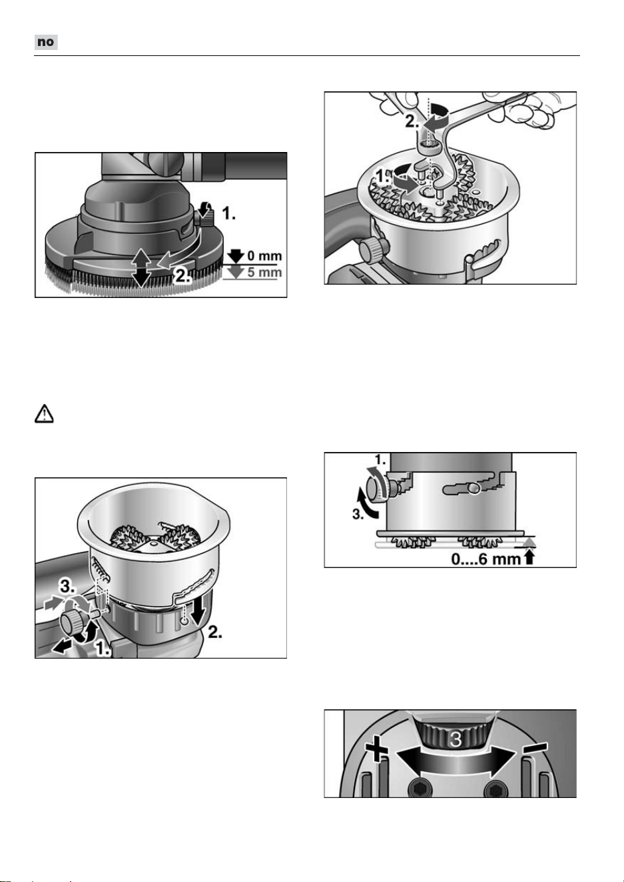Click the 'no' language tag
[46, 42]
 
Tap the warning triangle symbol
[44, 413]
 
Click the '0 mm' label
[264, 256]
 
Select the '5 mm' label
[264, 272]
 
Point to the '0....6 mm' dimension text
[485, 559]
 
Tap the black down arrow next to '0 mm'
[236, 256]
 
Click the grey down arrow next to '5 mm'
[235, 273]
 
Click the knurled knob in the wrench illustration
[371, 249]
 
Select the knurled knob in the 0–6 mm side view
[377, 488]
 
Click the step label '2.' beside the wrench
[412, 122]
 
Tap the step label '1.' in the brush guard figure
[229, 214]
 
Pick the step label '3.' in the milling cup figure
[67, 587]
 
